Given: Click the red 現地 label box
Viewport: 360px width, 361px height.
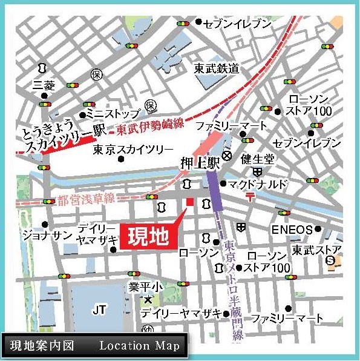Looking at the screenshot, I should [147, 236].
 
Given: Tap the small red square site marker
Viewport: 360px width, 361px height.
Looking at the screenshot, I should [189, 202].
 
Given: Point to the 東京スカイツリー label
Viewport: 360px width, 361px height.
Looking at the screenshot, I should [133, 150].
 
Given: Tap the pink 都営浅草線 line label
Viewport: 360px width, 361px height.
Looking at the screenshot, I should [77, 199].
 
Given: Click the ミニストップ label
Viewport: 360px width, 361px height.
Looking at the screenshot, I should [113, 113].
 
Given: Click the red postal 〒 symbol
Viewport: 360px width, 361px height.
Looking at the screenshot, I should [250, 196].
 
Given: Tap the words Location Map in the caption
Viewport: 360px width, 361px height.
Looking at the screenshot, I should [139, 346].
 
